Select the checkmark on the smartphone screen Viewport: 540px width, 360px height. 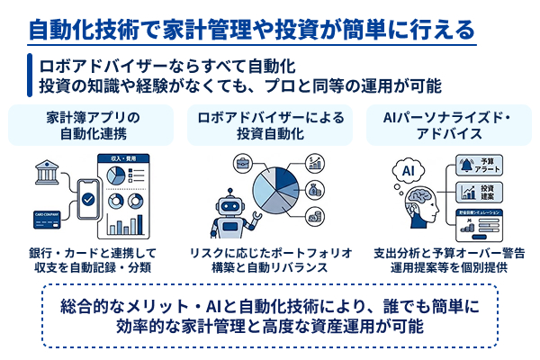tap(89, 197)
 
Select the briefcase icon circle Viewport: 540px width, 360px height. tap(243, 163)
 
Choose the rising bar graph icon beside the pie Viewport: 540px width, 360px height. tap(315, 162)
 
